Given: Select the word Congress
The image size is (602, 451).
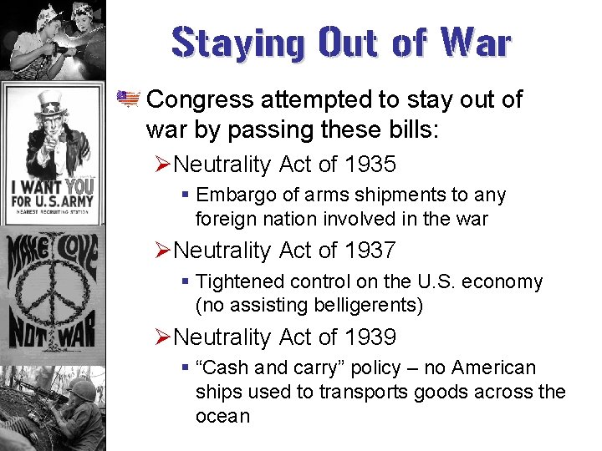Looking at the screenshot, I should coord(202,99).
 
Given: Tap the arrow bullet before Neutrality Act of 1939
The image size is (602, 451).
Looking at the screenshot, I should coord(163,337).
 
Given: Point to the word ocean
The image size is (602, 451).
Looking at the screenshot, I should coord(222,416).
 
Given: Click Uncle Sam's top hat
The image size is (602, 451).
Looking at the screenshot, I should coord(51,104).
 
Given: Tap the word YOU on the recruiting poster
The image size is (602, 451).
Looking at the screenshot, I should coord(80,186).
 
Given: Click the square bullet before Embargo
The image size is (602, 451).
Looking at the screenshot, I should coord(186,195).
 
